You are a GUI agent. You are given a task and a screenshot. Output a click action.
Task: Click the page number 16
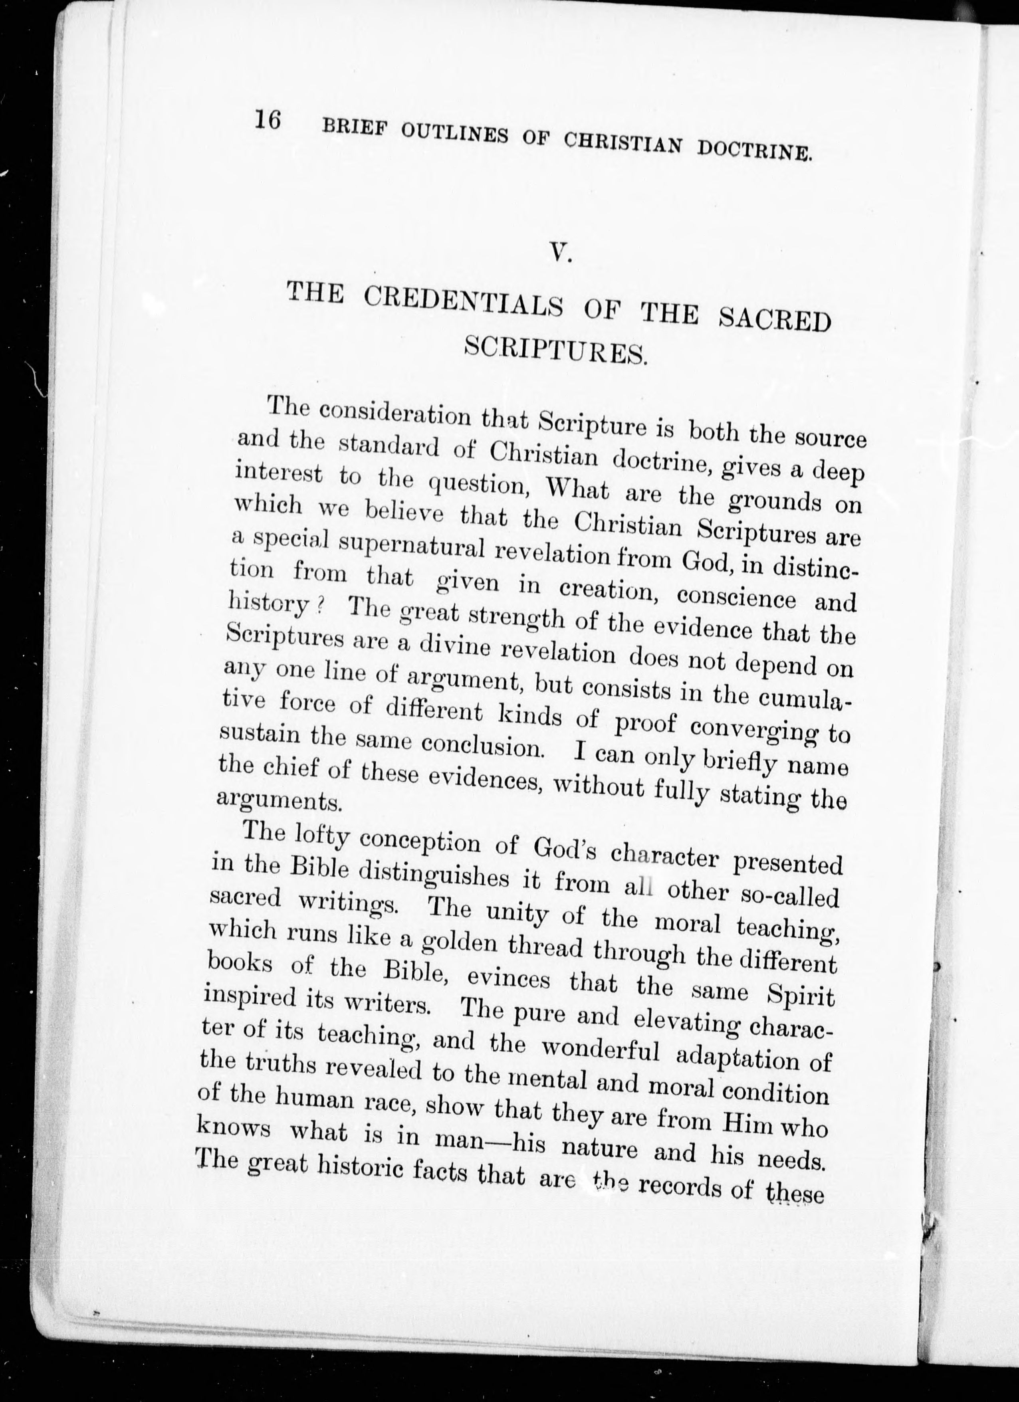(x=268, y=120)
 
